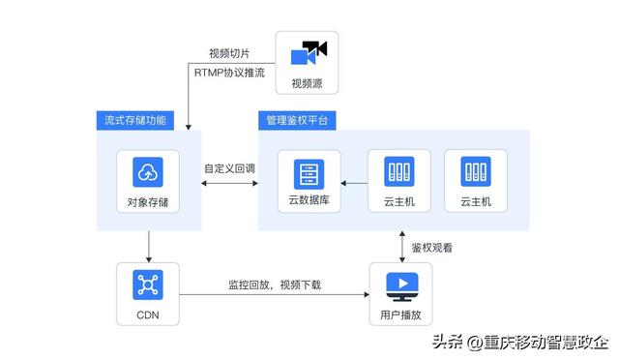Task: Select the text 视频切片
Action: pos(228,53)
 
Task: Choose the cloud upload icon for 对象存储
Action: pos(148,171)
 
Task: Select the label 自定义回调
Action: pos(229,167)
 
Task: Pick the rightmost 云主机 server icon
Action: pos(475,171)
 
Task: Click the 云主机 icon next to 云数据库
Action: pos(398,171)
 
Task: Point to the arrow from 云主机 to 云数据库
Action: pos(353,182)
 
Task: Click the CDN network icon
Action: pos(148,285)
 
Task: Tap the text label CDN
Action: pos(148,315)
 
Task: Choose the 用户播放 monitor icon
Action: pos(398,285)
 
